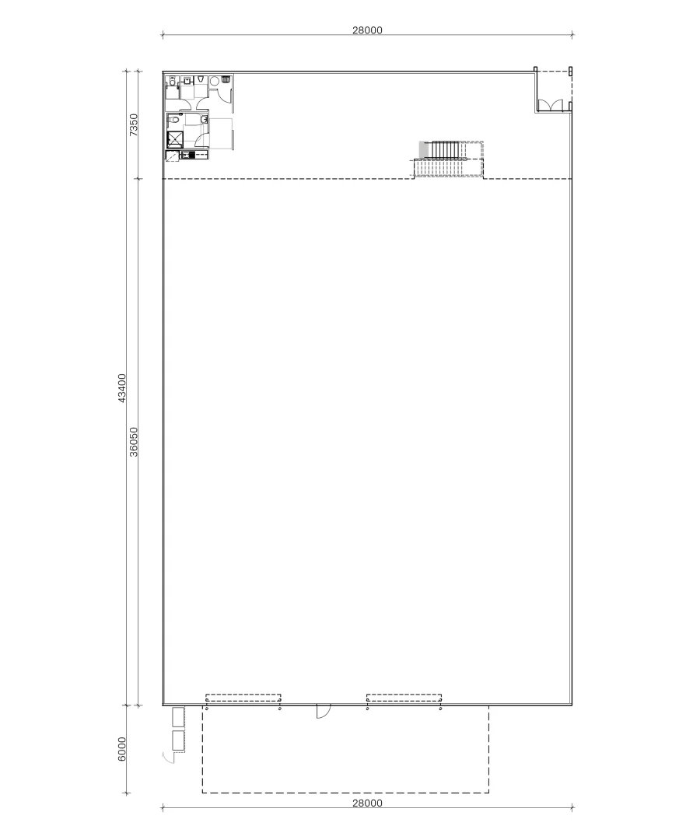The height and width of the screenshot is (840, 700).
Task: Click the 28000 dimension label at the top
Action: tap(367, 30)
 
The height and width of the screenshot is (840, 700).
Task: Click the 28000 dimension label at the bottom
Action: tap(367, 803)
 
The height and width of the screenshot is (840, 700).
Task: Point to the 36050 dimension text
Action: tap(134, 442)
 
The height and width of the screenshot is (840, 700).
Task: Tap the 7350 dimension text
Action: tap(134, 124)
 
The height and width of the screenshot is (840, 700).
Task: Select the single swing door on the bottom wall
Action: tap(323, 711)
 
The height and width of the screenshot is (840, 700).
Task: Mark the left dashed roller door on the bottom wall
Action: tap(243, 698)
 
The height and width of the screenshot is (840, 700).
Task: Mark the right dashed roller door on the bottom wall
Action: tap(404, 698)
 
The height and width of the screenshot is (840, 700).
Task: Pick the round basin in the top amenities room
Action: tap(214, 80)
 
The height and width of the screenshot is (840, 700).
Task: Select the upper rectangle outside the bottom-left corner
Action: tap(178, 716)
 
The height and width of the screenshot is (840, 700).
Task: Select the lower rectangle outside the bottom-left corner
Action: tap(178, 741)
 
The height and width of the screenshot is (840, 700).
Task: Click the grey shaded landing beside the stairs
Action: tap(424, 149)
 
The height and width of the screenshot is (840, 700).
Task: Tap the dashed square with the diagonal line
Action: tap(172, 155)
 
